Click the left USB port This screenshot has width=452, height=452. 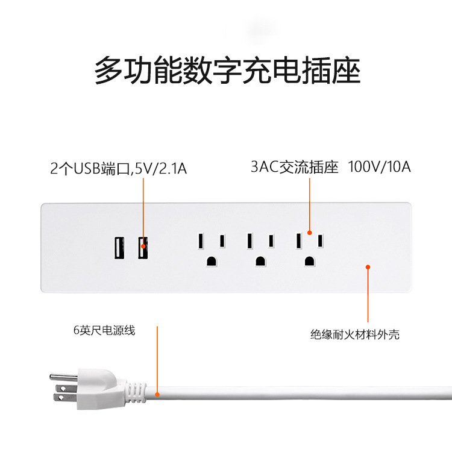click(x=119, y=248)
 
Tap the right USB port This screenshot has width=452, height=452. click(x=143, y=248)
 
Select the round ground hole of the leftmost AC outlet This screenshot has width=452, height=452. click(x=212, y=261)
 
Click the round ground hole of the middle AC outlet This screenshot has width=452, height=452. click(x=260, y=261)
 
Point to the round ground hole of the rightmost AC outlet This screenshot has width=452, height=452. click(x=309, y=261)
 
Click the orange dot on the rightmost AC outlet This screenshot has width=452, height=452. click(x=309, y=232)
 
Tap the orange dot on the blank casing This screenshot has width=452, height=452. click(x=368, y=266)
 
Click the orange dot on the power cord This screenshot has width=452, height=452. click(x=157, y=395)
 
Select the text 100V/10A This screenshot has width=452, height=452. click(x=380, y=167)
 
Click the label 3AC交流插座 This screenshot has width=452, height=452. click(x=295, y=167)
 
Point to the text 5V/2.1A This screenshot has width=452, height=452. click(x=161, y=169)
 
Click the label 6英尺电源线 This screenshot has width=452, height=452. click(x=104, y=330)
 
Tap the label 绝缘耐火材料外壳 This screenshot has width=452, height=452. click(x=355, y=334)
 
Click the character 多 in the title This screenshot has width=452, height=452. click(x=109, y=71)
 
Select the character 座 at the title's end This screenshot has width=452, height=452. click(x=345, y=71)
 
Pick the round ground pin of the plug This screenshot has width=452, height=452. click(x=58, y=376)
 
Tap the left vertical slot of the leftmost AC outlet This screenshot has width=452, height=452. click(x=199, y=240)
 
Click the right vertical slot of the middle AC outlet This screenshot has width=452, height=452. click(x=272, y=240)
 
